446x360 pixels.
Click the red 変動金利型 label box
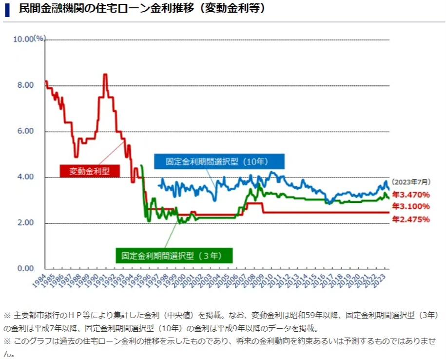(x=88, y=171)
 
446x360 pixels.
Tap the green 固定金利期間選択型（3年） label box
(x=174, y=255)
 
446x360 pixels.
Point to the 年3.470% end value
(x=411, y=195)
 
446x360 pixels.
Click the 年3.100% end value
(x=411, y=206)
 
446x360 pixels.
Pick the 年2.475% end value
(x=411, y=220)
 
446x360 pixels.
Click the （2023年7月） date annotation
(x=411, y=182)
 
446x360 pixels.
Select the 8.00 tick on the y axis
(x=25, y=85)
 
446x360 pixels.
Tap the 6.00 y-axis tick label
(x=25, y=131)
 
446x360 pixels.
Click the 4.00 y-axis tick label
(x=25, y=177)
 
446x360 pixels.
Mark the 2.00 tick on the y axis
(x=25, y=223)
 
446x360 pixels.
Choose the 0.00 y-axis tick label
(x=25, y=269)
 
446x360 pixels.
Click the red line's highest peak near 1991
(x=105, y=75)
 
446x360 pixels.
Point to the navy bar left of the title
(x=7, y=9)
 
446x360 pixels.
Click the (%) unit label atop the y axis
(x=39, y=38)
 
